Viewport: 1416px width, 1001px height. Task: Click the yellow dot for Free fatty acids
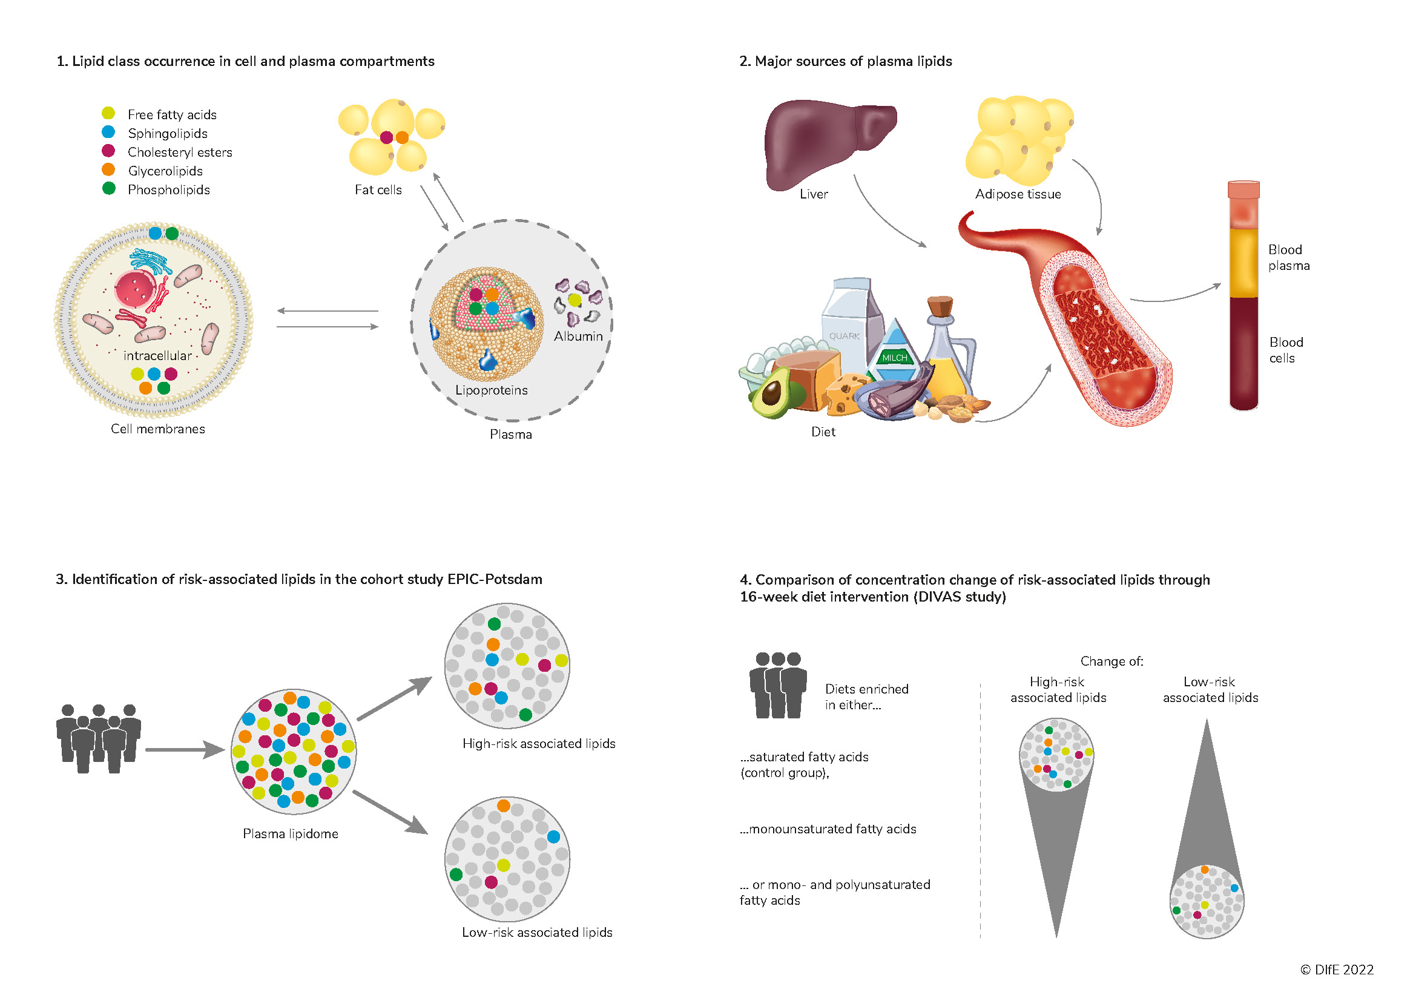click(108, 113)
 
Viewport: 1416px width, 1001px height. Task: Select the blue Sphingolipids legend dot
click(108, 131)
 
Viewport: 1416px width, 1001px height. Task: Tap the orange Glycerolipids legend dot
click(108, 169)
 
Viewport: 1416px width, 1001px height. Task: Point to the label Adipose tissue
click(1018, 194)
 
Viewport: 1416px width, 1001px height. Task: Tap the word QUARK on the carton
click(844, 336)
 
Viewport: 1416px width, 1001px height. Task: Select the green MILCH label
click(894, 358)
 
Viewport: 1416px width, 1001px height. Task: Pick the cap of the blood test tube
click(1243, 189)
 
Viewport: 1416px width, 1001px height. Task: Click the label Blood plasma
click(1288, 258)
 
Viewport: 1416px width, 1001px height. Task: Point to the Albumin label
click(578, 336)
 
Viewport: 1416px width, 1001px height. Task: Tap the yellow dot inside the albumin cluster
click(575, 300)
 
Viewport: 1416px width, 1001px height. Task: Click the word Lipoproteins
click(491, 390)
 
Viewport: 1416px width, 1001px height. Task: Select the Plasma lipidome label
click(291, 834)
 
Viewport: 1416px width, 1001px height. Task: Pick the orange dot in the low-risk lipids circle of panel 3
click(503, 806)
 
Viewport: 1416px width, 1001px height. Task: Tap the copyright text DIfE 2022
click(1337, 970)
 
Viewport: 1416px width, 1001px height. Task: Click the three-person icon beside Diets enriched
click(778, 686)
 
